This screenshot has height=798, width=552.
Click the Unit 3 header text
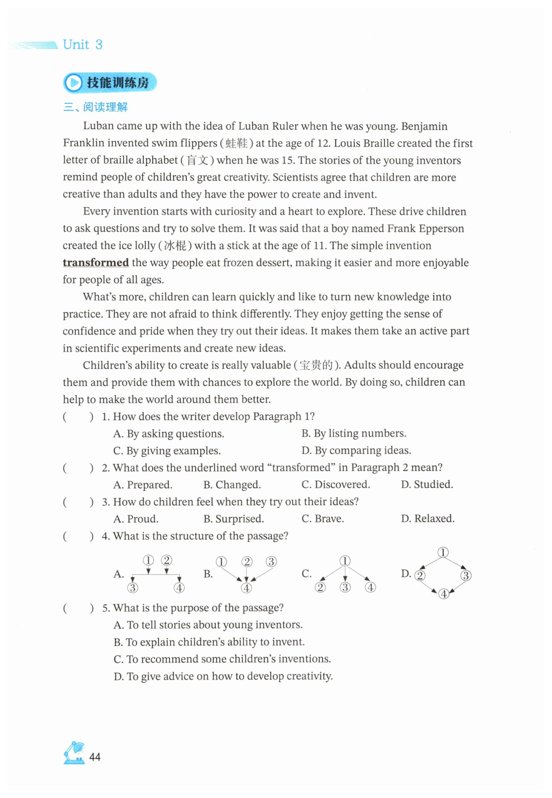point(83,44)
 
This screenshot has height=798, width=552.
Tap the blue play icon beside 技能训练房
point(74,83)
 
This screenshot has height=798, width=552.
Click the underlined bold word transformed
point(96,262)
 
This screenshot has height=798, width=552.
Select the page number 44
point(95,757)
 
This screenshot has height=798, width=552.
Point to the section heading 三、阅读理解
point(96,107)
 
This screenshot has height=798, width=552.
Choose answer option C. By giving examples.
point(167,451)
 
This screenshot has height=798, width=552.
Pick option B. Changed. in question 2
point(232,484)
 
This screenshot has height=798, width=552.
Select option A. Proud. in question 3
point(136,519)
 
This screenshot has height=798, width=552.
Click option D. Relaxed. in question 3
point(428,518)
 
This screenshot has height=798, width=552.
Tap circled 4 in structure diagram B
point(246,588)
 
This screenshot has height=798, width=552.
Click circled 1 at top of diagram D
point(443,552)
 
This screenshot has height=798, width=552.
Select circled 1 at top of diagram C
point(345,560)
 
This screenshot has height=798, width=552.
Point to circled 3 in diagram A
point(132,588)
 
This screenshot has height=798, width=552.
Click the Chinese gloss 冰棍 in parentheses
point(175,246)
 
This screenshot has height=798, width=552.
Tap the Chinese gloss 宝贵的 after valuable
point(316,365)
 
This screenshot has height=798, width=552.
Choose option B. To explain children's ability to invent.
point(209,642)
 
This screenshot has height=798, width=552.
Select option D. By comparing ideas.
point(356,450)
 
